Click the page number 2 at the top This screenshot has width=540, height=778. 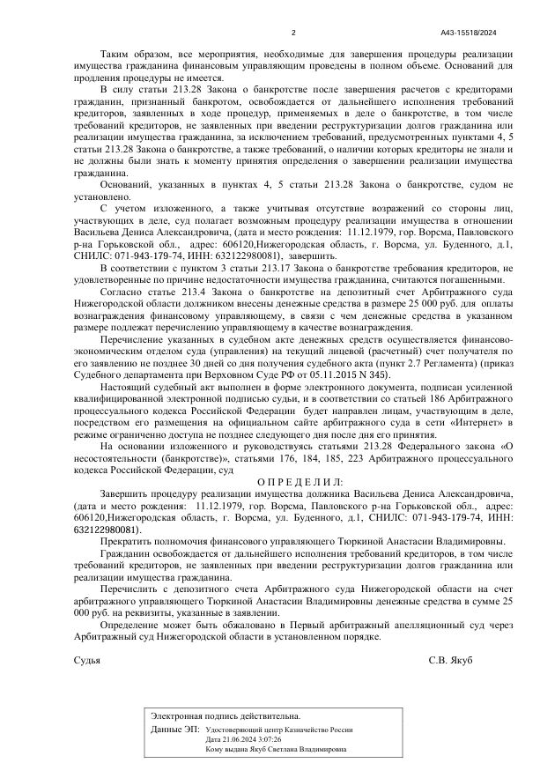292,9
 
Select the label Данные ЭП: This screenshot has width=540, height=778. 174,730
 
